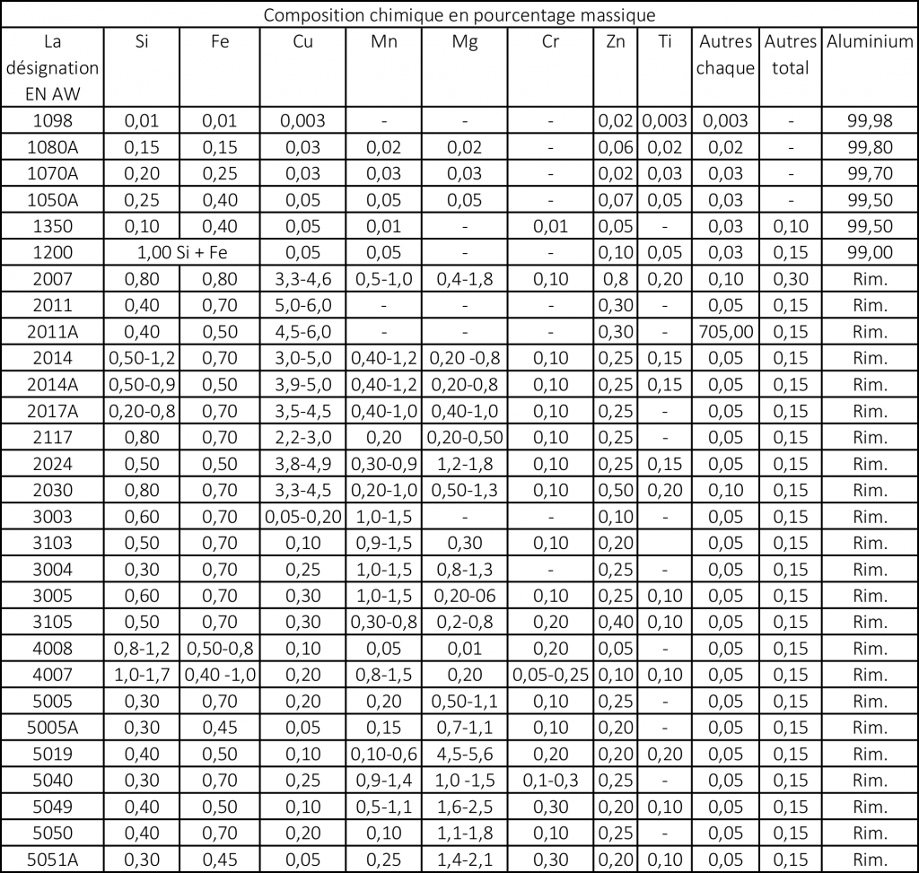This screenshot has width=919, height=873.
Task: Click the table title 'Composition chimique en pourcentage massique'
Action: (x=459, y=15)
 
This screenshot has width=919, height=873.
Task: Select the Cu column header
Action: (x=302, y=41)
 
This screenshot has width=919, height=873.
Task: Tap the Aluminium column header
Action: (x=870, y=41)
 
